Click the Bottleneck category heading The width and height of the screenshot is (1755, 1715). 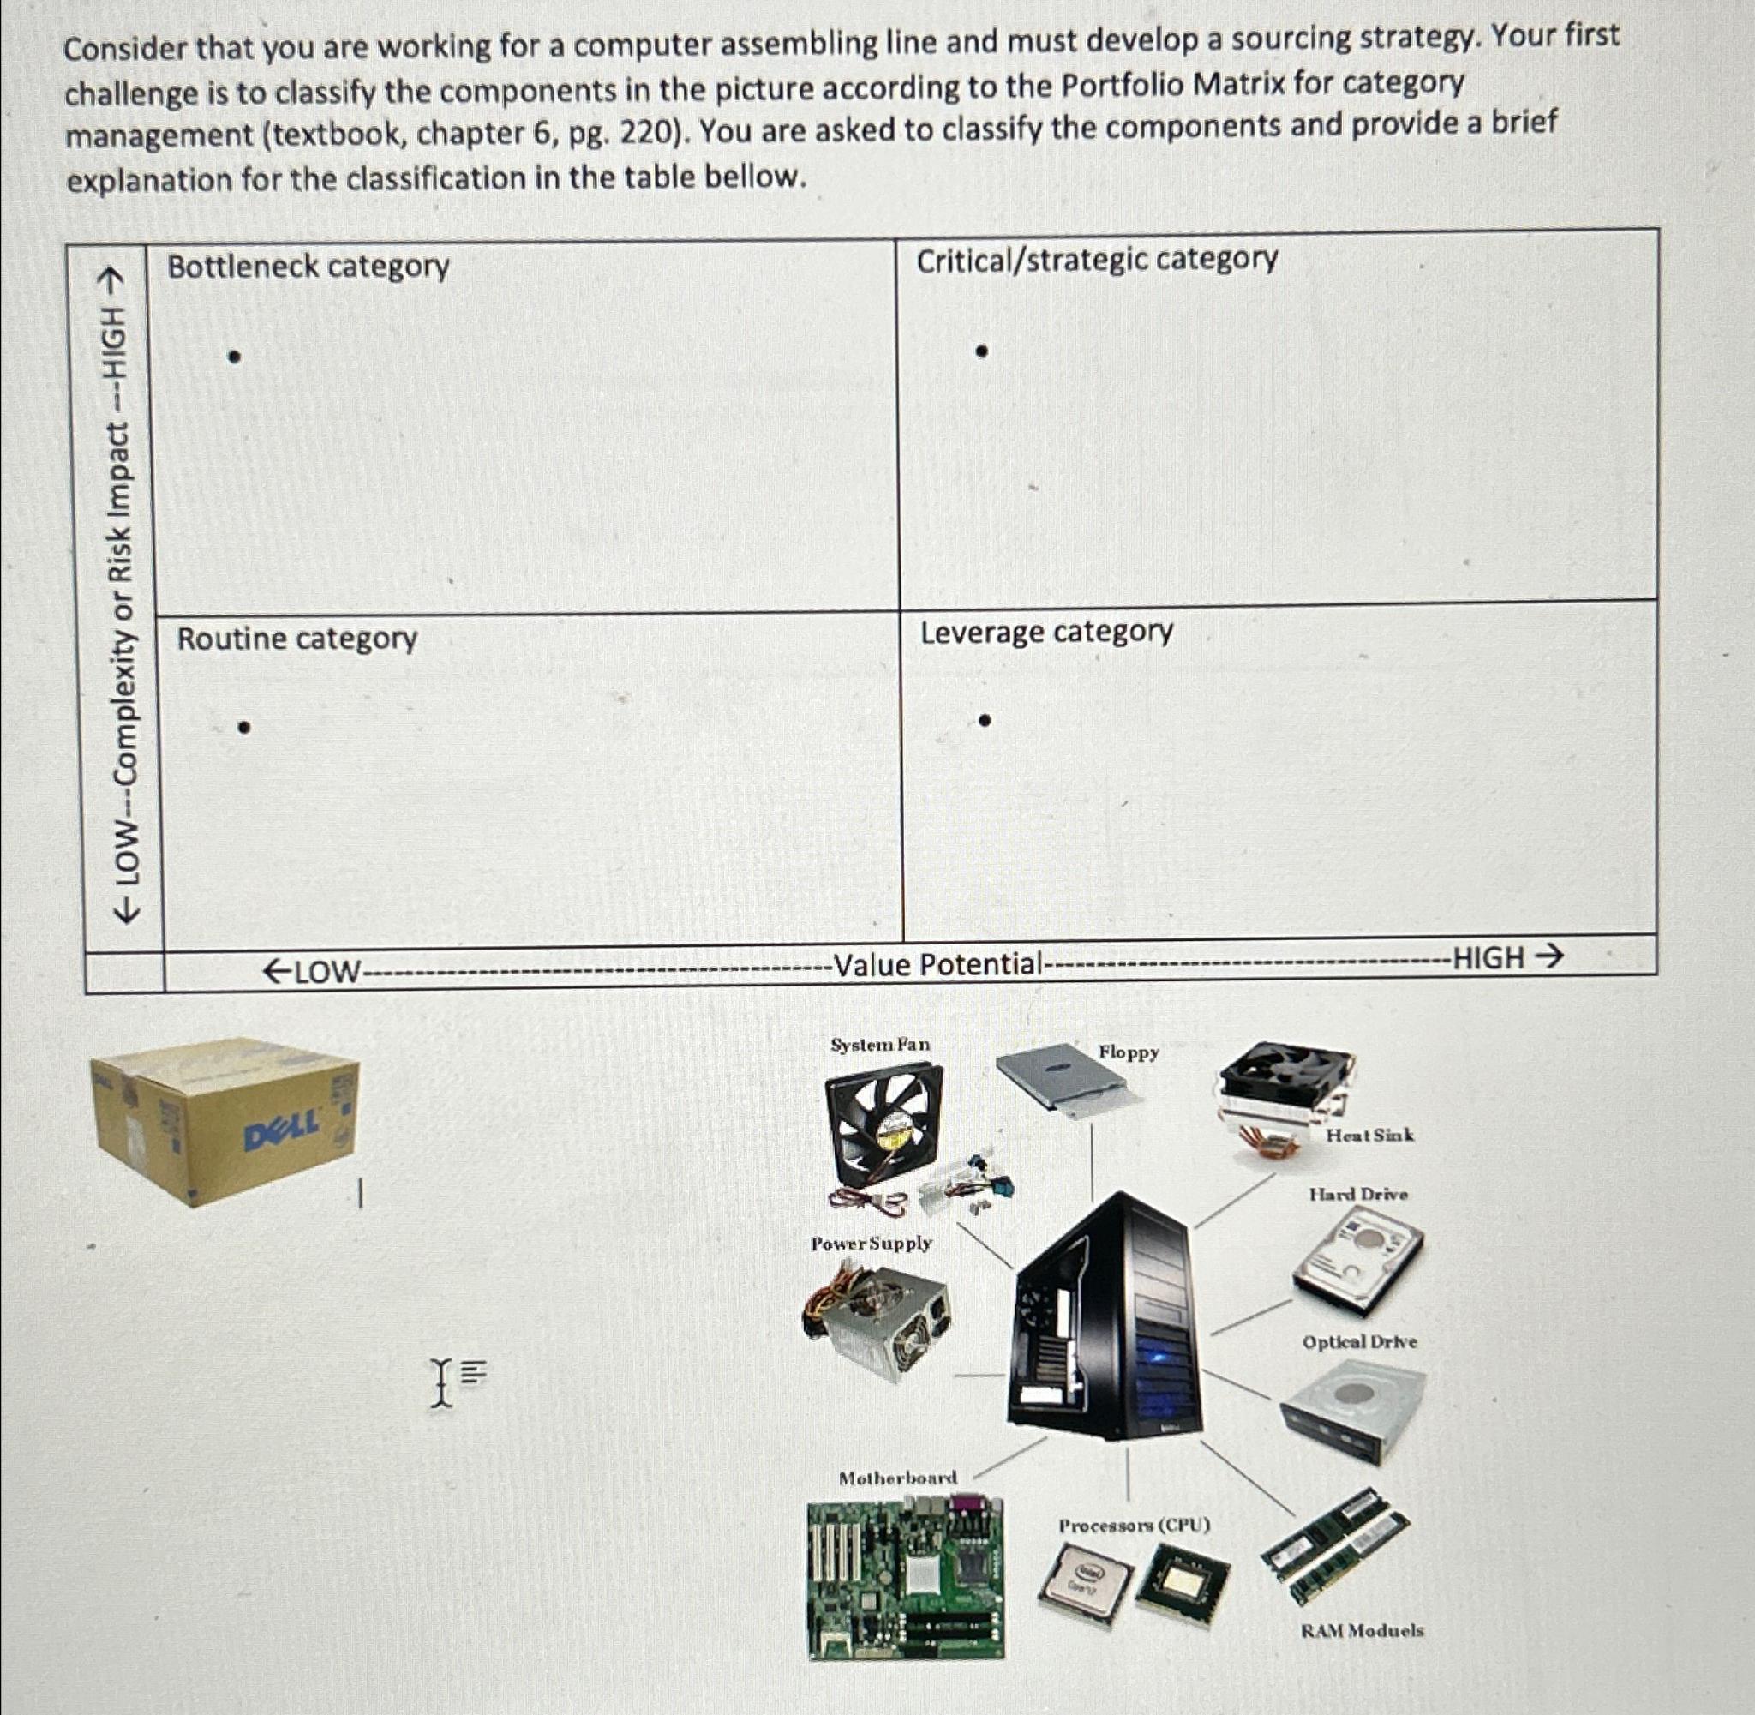(x=308, y=267)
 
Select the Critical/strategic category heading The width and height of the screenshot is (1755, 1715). (x=1096, y=260)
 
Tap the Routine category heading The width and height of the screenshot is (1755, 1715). (x=297, y=639)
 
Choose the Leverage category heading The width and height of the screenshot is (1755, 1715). (x=1046, y=632)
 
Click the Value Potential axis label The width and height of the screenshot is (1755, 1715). (x=937, y=965)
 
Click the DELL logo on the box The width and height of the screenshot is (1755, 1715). (x=282, y=1125)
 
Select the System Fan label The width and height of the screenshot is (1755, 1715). (x=880, y=1045)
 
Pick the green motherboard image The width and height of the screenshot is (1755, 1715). (x=905, y=1576)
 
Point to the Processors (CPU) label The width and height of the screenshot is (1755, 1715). (x=1134, y=1526)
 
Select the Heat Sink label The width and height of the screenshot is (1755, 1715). (x=1369, y=1135)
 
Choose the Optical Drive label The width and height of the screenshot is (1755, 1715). (x=1359, y=1342)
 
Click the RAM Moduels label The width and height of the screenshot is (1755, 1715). (x=1362, y=1630)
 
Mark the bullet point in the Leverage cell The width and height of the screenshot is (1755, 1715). (x=985, y=720)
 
